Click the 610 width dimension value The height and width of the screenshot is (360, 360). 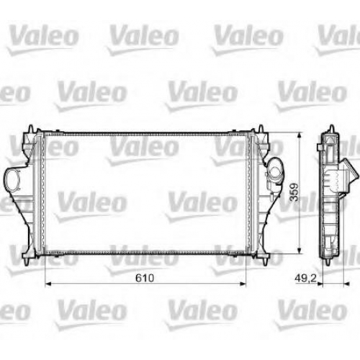(145, 278)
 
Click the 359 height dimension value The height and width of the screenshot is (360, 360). (294, 192)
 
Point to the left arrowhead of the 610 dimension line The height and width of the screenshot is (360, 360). (48, 284)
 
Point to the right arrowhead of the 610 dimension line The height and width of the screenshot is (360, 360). (243, 284)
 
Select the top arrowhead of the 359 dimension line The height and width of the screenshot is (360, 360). (299, 135)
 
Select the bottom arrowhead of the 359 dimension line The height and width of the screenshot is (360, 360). (299, 250)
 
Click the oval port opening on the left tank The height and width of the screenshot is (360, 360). (12, 179)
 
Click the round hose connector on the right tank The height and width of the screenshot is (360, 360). (275, 171)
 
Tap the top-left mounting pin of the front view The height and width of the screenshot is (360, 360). (31, 129)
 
